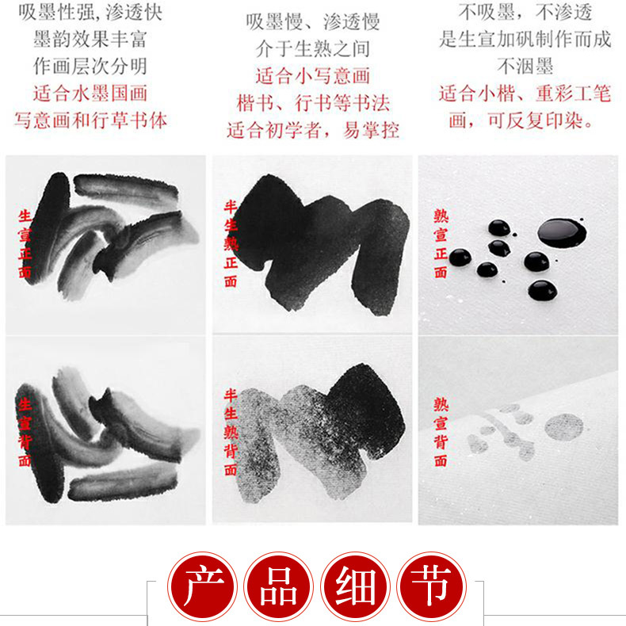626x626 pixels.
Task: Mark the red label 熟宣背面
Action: pyautogui.click(x=441, y=432)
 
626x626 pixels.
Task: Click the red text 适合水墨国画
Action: pyautogui.click(x=90, y=93)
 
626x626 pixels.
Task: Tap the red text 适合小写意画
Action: pyautogui.click(x=312, y=76)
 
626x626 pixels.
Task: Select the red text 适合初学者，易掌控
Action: pyautogui.click(x=312, y=130)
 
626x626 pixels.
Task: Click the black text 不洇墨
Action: pyautogui.click(x=525, y=66)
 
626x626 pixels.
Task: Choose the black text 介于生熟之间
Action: pyautogui.click(x=312, y=48)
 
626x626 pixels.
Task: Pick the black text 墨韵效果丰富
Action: pyautogui.click(x=90, y=38)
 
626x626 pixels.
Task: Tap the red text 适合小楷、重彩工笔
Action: pyautogui.click(x=525, y=94)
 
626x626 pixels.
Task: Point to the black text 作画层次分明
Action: pyautogui.click(x=90, y=66)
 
